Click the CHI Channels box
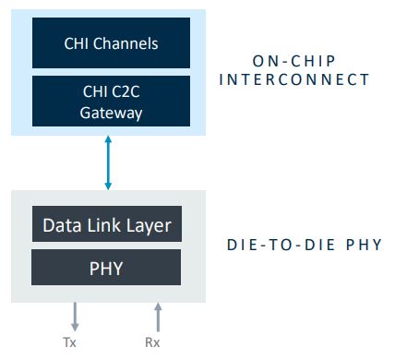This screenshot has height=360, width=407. [x=111, y=42]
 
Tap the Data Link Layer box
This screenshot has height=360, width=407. [x=106, y=224]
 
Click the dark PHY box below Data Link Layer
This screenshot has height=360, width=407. [x=106, y=268]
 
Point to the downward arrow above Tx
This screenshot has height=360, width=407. [x=75, y=316]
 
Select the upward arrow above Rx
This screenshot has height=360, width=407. [x=158, y=316]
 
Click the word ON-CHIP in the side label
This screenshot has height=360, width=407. [x=293, y=61]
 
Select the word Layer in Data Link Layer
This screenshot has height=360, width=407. [x=151, y=224]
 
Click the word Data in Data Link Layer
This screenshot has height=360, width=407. [x=61, y=224]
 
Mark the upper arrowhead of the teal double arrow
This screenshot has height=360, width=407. [x=109, y=140]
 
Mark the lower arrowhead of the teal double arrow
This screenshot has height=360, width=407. [x=109, y=186]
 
